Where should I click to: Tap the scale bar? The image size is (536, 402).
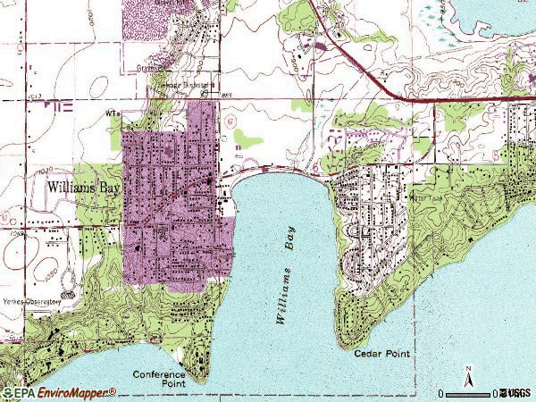pyautogui.click(x=470, y=392)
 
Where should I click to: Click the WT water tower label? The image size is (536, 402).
pyautogui.click(x=112, y=113)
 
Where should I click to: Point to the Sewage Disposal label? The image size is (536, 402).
pyautogui.click(x=186, y=84)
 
